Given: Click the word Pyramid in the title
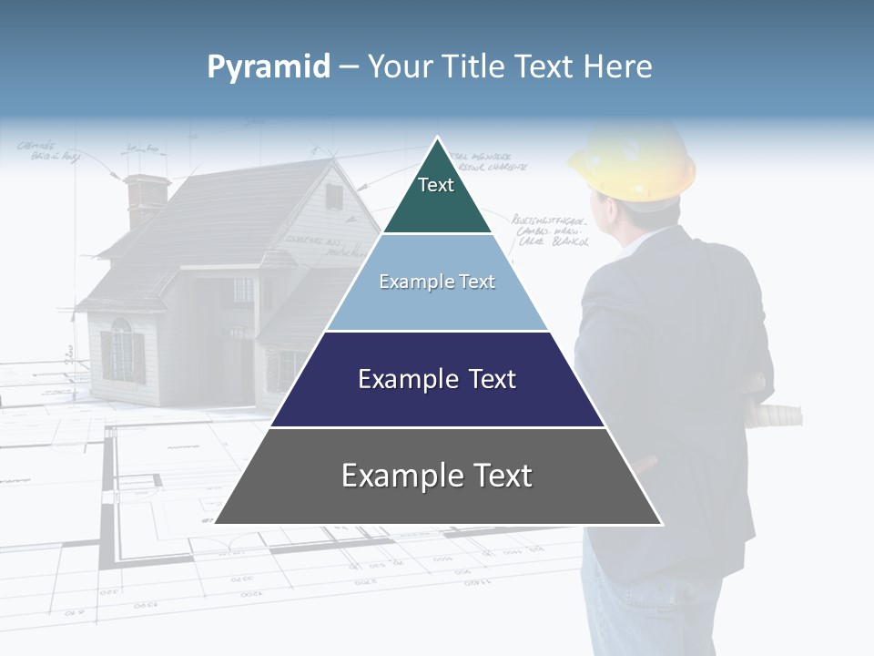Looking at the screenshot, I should [x=268, y=67].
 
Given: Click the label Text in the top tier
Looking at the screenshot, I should [x=435, y=185].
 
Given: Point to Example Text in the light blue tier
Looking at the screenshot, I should [x=437, y=282].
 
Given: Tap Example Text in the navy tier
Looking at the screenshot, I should [x=437, y=379].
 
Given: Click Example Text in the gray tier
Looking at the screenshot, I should [x=437, y=476].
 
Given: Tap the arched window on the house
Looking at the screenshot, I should [x=121, y=348].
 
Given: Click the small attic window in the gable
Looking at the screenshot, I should [x=334, y=196].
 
